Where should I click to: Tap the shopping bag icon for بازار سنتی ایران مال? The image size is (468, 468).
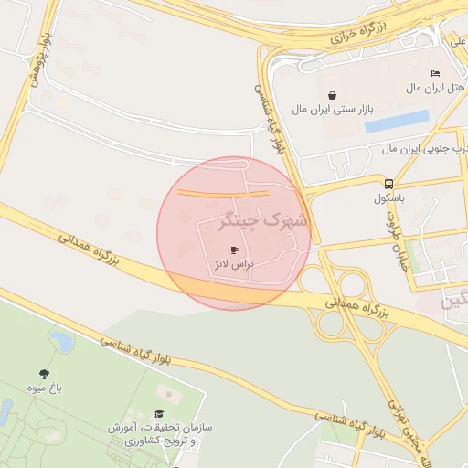[x=330, y=95]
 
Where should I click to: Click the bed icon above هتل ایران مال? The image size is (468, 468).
[x=435, y=73]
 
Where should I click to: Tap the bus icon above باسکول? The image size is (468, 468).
[x=389, y=182]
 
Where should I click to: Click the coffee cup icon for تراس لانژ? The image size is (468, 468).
[x=234, y=250]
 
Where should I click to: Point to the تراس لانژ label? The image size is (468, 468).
[x=234, y=263]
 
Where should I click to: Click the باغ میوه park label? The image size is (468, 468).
[x=43, y=388]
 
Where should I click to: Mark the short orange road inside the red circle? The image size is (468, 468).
[x=223, y=193]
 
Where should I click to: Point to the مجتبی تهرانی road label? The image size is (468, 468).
[x=398, y=421]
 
